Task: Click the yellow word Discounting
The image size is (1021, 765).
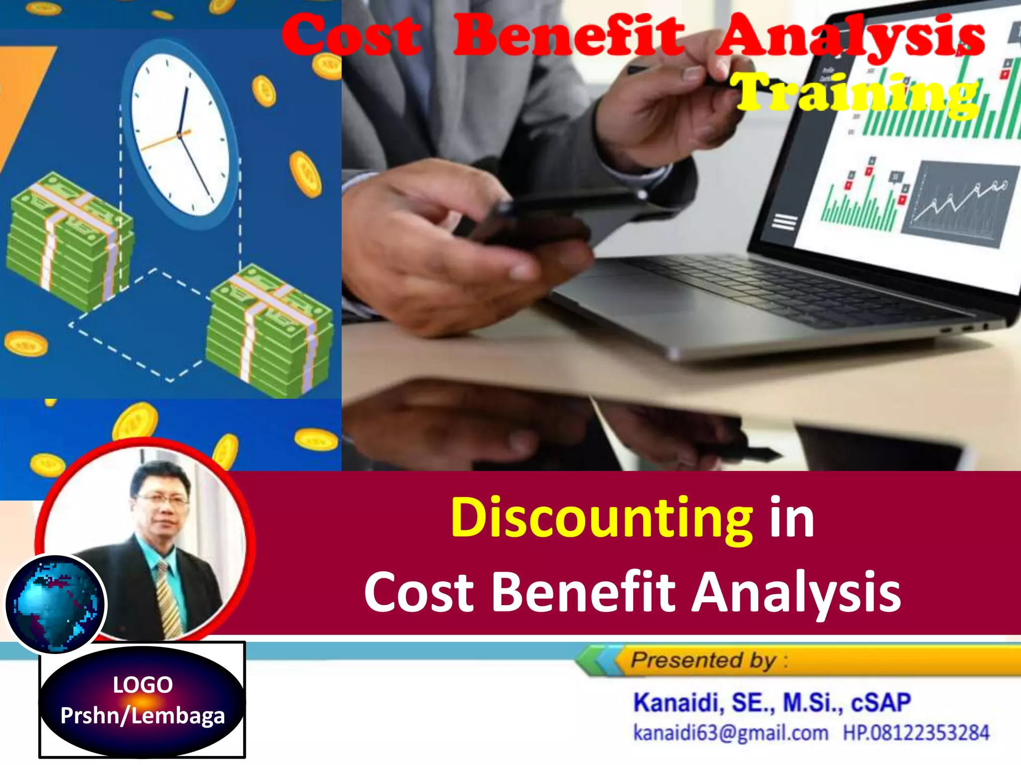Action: [x=601, y=518]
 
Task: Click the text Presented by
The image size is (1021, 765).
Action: [x=703, y=660]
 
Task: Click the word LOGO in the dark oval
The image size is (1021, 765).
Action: [x=143, y=685]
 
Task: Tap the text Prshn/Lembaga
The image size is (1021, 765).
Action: [x=143, y=716]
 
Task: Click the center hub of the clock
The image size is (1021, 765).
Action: [x=178, y=135]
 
